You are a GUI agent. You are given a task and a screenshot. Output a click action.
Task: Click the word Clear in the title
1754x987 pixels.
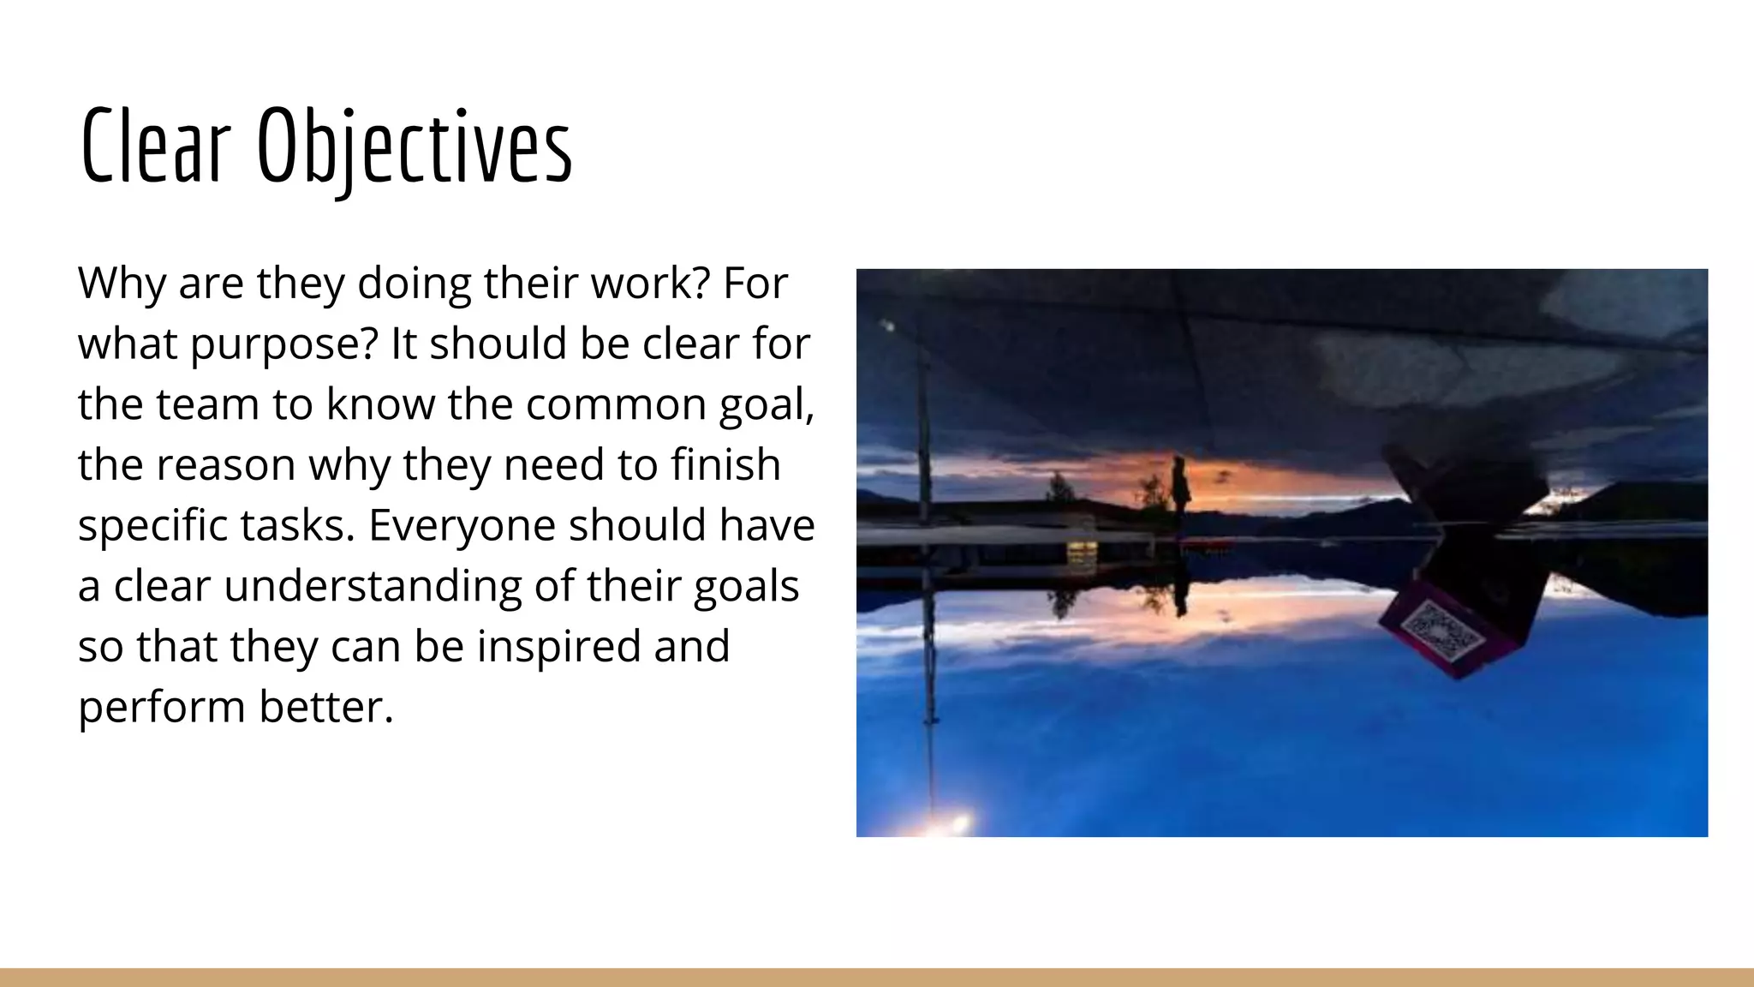pyautogui.click(x=156, y=146)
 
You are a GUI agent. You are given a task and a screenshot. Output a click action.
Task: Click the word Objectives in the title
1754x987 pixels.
pyautogui.click(x=415, y=147)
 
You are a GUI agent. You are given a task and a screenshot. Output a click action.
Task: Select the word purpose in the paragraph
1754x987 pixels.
pyautogui.click(x=283, y=344)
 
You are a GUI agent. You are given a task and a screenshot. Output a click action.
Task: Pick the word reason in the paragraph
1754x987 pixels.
pyautogui.click(x=225, y=465)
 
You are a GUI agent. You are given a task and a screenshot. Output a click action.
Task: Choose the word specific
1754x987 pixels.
pyautogui.click(x=151, y=526)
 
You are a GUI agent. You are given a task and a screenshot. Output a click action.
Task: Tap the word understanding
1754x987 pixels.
pyautogui.click(x=373, y=587)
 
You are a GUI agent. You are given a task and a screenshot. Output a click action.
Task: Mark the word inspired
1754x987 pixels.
pyautogui.click(x=559, y=647)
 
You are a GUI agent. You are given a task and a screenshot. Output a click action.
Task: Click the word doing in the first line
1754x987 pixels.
pyautogui.click(x=414, y=284)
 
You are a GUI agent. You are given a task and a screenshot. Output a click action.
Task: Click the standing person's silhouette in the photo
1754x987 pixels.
pyautogui.click(x=1181, y=484)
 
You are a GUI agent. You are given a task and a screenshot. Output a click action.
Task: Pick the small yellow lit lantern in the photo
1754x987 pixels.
pyautogui.click(x=1081, y=550)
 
